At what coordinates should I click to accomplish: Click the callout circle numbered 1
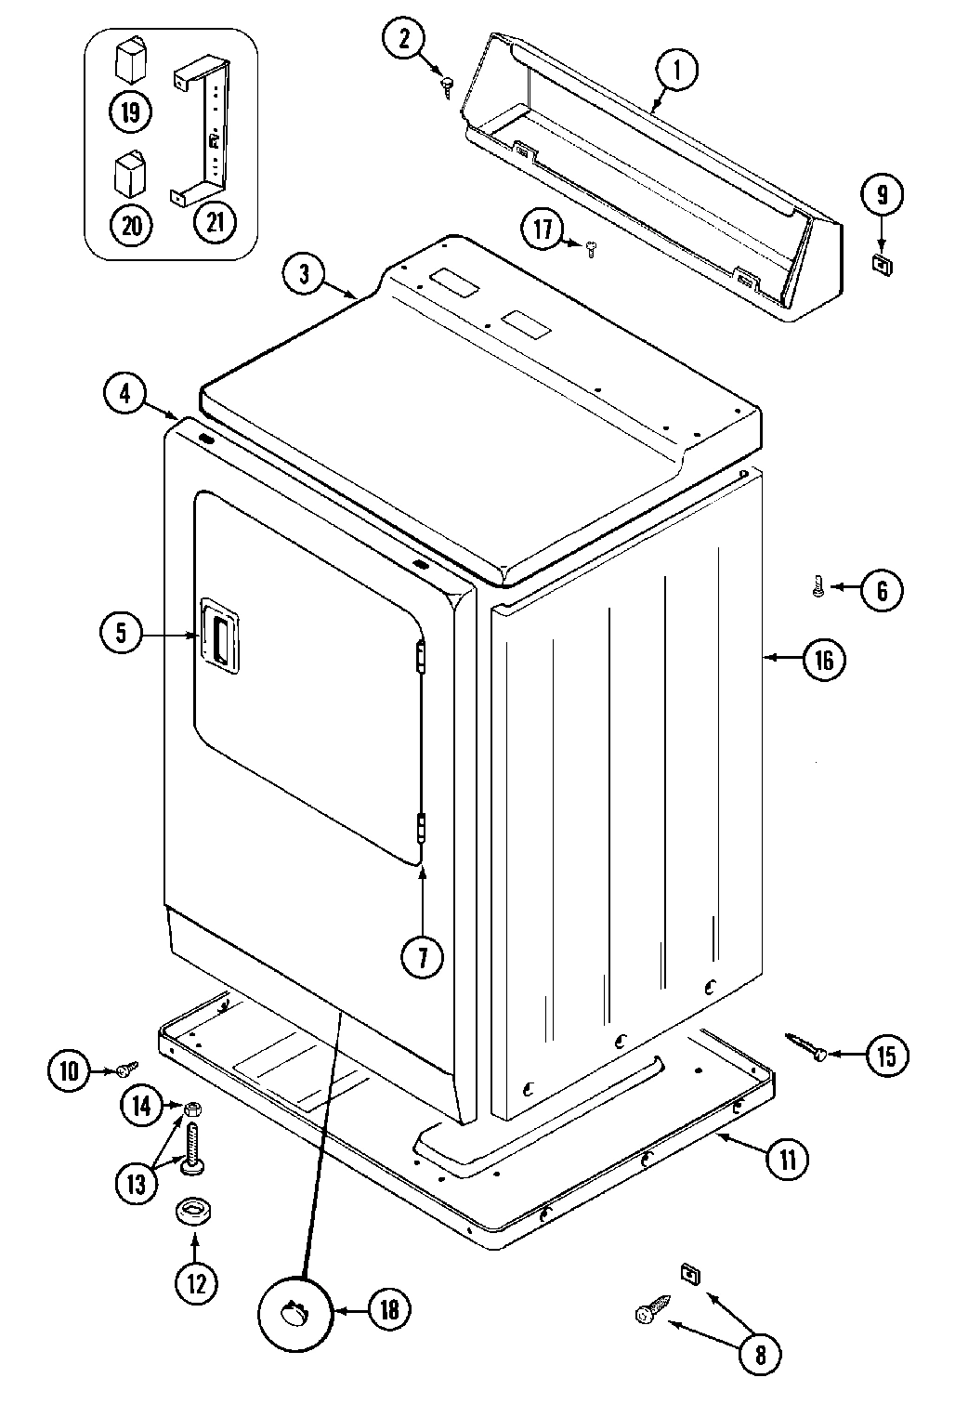click(x=677, y=70)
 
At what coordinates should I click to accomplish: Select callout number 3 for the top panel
click(x=306, y=273)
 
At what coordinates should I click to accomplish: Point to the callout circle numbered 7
click(x=423, y=957)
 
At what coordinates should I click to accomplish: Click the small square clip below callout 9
click(x=880, y=263)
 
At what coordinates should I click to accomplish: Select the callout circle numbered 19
click(x=131, y=112)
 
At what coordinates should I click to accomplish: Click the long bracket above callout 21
click(x=202, y=130)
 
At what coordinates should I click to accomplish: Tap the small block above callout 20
click(x=129, y=171)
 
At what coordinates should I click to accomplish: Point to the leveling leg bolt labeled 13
click(x=195, y=1146)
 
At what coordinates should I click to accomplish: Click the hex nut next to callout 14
click(x=193, y=1108)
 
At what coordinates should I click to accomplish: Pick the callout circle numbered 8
click(x=760, y=1355)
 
